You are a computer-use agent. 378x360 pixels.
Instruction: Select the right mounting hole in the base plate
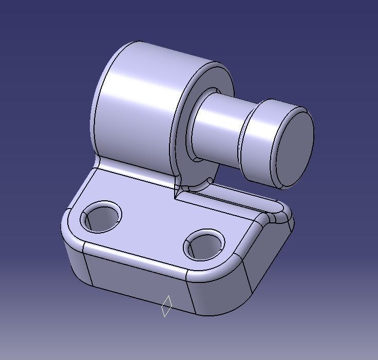coord(204,244)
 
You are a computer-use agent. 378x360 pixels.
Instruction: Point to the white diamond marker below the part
coord(166,306)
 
